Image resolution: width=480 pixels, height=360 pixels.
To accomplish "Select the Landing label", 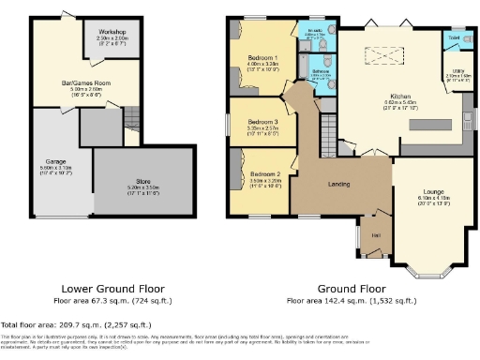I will click(x=338, y=184).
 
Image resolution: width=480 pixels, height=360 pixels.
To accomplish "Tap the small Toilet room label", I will click(x=454, y=38).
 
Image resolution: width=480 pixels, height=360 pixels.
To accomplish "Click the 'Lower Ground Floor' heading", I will click(x=112, y=289).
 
